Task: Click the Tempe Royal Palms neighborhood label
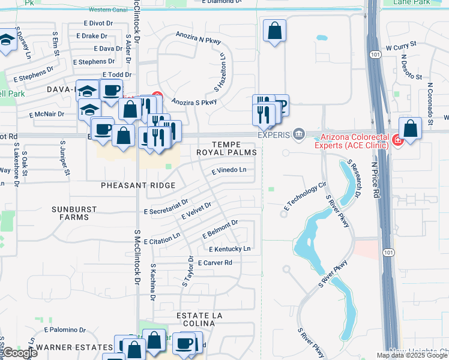[226, 148]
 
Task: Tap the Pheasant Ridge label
[138, 186]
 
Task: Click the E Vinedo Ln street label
[229, 170]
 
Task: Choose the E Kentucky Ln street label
[230, 248]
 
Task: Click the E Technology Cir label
[304, 200]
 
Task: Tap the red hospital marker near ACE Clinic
[397, 141]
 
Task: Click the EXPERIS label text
[274, 135]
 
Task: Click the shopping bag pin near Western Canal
[274, 31]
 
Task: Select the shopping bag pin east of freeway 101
[410, 128]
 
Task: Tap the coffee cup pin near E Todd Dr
[111, 91]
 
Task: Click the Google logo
[19, 353]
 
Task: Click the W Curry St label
[401, 46]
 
